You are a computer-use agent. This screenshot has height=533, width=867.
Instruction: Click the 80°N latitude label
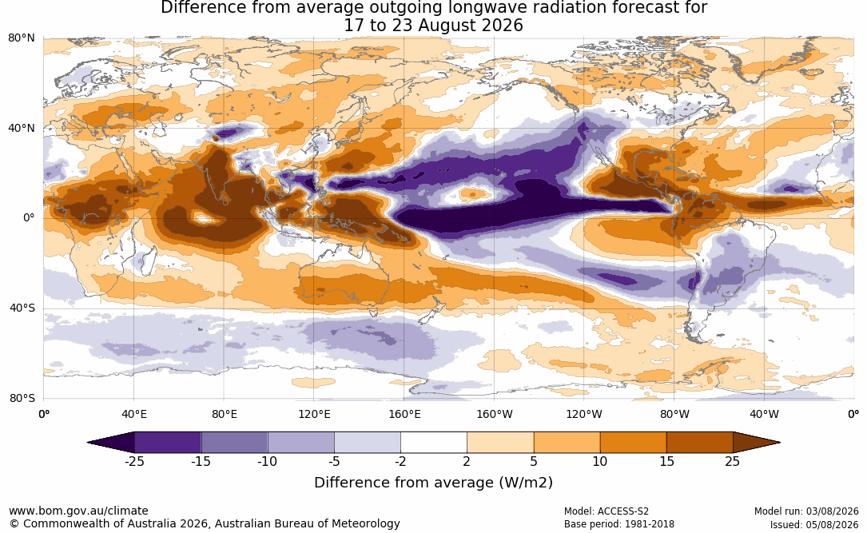tap(22, 38)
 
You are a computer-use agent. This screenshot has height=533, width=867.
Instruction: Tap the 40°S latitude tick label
tap(22, 308)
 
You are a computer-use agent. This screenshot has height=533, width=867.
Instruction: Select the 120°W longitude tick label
tap(584, 414)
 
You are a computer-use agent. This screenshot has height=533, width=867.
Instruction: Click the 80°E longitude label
tap(224, 414)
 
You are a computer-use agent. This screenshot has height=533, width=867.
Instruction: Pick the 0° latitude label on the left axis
tap(30, 218)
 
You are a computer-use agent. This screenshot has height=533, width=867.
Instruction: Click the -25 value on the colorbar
tap(134, 461)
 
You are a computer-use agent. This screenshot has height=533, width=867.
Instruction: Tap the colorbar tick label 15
tap(667, 461)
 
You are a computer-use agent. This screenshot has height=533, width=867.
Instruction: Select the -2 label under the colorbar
tap(400, 461)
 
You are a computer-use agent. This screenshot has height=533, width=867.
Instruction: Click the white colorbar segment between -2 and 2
tap(434, 443)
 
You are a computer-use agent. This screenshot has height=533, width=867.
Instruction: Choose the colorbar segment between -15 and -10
tap(234, 443)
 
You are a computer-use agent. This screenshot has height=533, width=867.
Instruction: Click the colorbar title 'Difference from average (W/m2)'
tap(433, 483)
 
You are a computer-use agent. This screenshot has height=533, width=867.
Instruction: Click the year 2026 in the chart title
tap(501, 26)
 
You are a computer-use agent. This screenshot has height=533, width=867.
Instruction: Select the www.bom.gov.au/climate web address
tap(78, 511)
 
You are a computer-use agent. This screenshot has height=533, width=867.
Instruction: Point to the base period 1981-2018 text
tap(649, 524)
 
